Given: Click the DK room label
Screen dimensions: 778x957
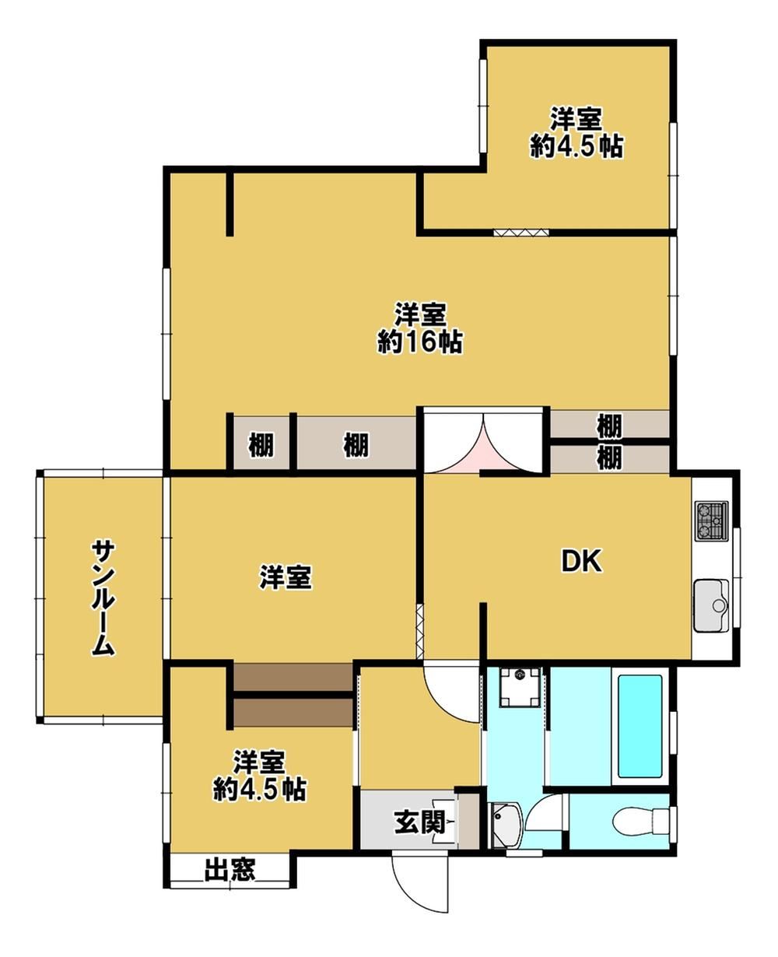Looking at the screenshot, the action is [x=582, y=562].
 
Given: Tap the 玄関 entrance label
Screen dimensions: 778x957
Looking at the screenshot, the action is [x=419, y=823].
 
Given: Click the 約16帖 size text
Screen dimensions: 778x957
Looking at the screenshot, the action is [x=420, y=343].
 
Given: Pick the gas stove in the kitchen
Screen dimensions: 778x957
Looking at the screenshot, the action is [x=712, y=521].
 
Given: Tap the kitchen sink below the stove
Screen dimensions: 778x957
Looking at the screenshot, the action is [x=711, y=606].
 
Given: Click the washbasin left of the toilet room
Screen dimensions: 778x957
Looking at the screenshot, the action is [x=506, y=824].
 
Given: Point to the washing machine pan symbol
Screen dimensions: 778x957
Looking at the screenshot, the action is [x=520, y=688].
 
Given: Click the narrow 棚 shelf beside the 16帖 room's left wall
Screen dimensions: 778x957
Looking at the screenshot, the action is [x=261, y=445].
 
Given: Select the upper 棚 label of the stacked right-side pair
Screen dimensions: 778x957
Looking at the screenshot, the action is [x=608, y=426].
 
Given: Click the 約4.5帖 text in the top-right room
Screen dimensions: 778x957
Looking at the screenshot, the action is [x=576, y=147].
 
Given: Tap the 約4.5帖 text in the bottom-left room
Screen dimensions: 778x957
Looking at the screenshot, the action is [x=260, y=789].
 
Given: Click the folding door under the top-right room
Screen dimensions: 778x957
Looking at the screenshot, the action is [x=520, y=233].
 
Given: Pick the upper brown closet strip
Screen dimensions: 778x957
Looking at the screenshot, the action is [x=293, y=679].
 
